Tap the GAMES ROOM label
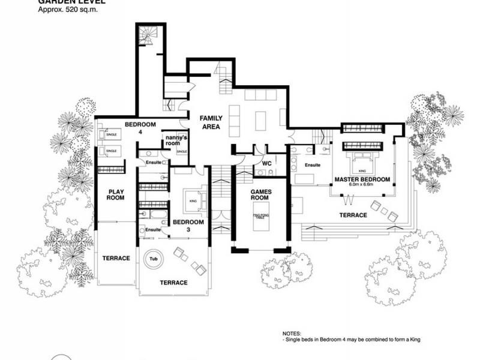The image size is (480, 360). (261, 194)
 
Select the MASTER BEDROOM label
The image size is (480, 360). (362, 179)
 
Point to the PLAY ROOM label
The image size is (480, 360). (115, 194)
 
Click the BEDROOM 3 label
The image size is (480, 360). (189, 226)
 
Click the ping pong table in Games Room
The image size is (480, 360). (261, 218)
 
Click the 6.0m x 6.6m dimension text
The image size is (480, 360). (362, 185)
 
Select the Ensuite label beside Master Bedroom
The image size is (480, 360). (313, 164)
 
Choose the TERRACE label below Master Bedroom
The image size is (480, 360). (353, 215)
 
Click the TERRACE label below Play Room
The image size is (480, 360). (115, 258)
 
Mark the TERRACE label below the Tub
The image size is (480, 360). (173, 282)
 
